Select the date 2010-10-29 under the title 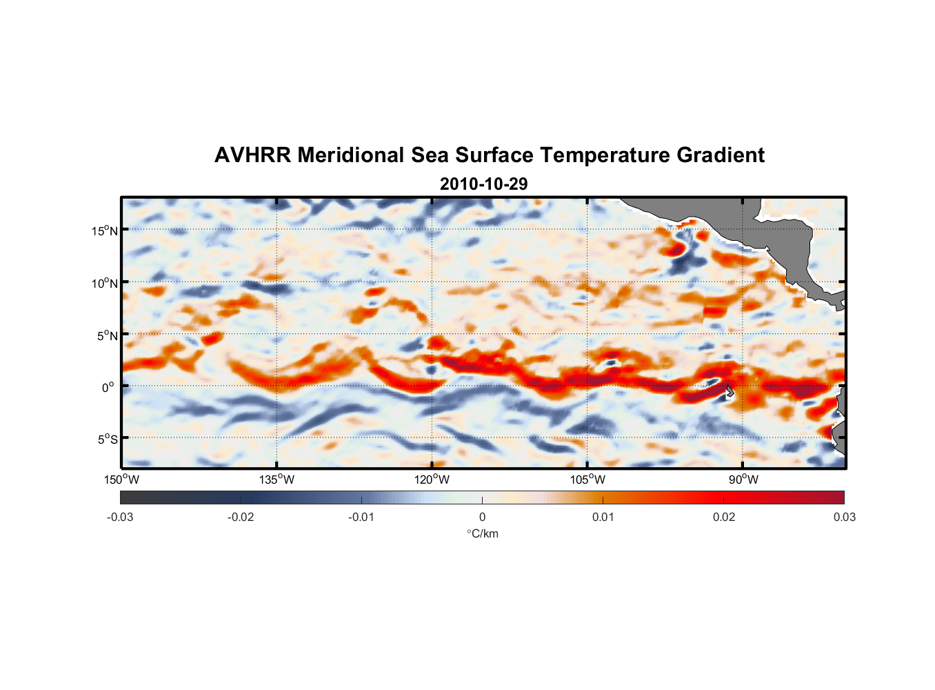(483, 184)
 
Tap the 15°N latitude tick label (105, 230)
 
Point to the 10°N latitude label (105, 283)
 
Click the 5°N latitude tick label (107, 335)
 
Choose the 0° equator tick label (108, 387)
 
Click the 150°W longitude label (122, 480)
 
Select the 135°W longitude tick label (277, 480)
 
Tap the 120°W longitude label (432, 480)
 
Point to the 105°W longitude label (587, 480)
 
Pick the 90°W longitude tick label (743, 480)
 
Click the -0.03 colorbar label (120, 517)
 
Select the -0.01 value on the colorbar (361, 517)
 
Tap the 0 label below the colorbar (482, 517)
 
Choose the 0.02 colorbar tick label (724, 517)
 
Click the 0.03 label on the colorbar (844, 517)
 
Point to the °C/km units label (483, 533)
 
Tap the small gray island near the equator (730, 391)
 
